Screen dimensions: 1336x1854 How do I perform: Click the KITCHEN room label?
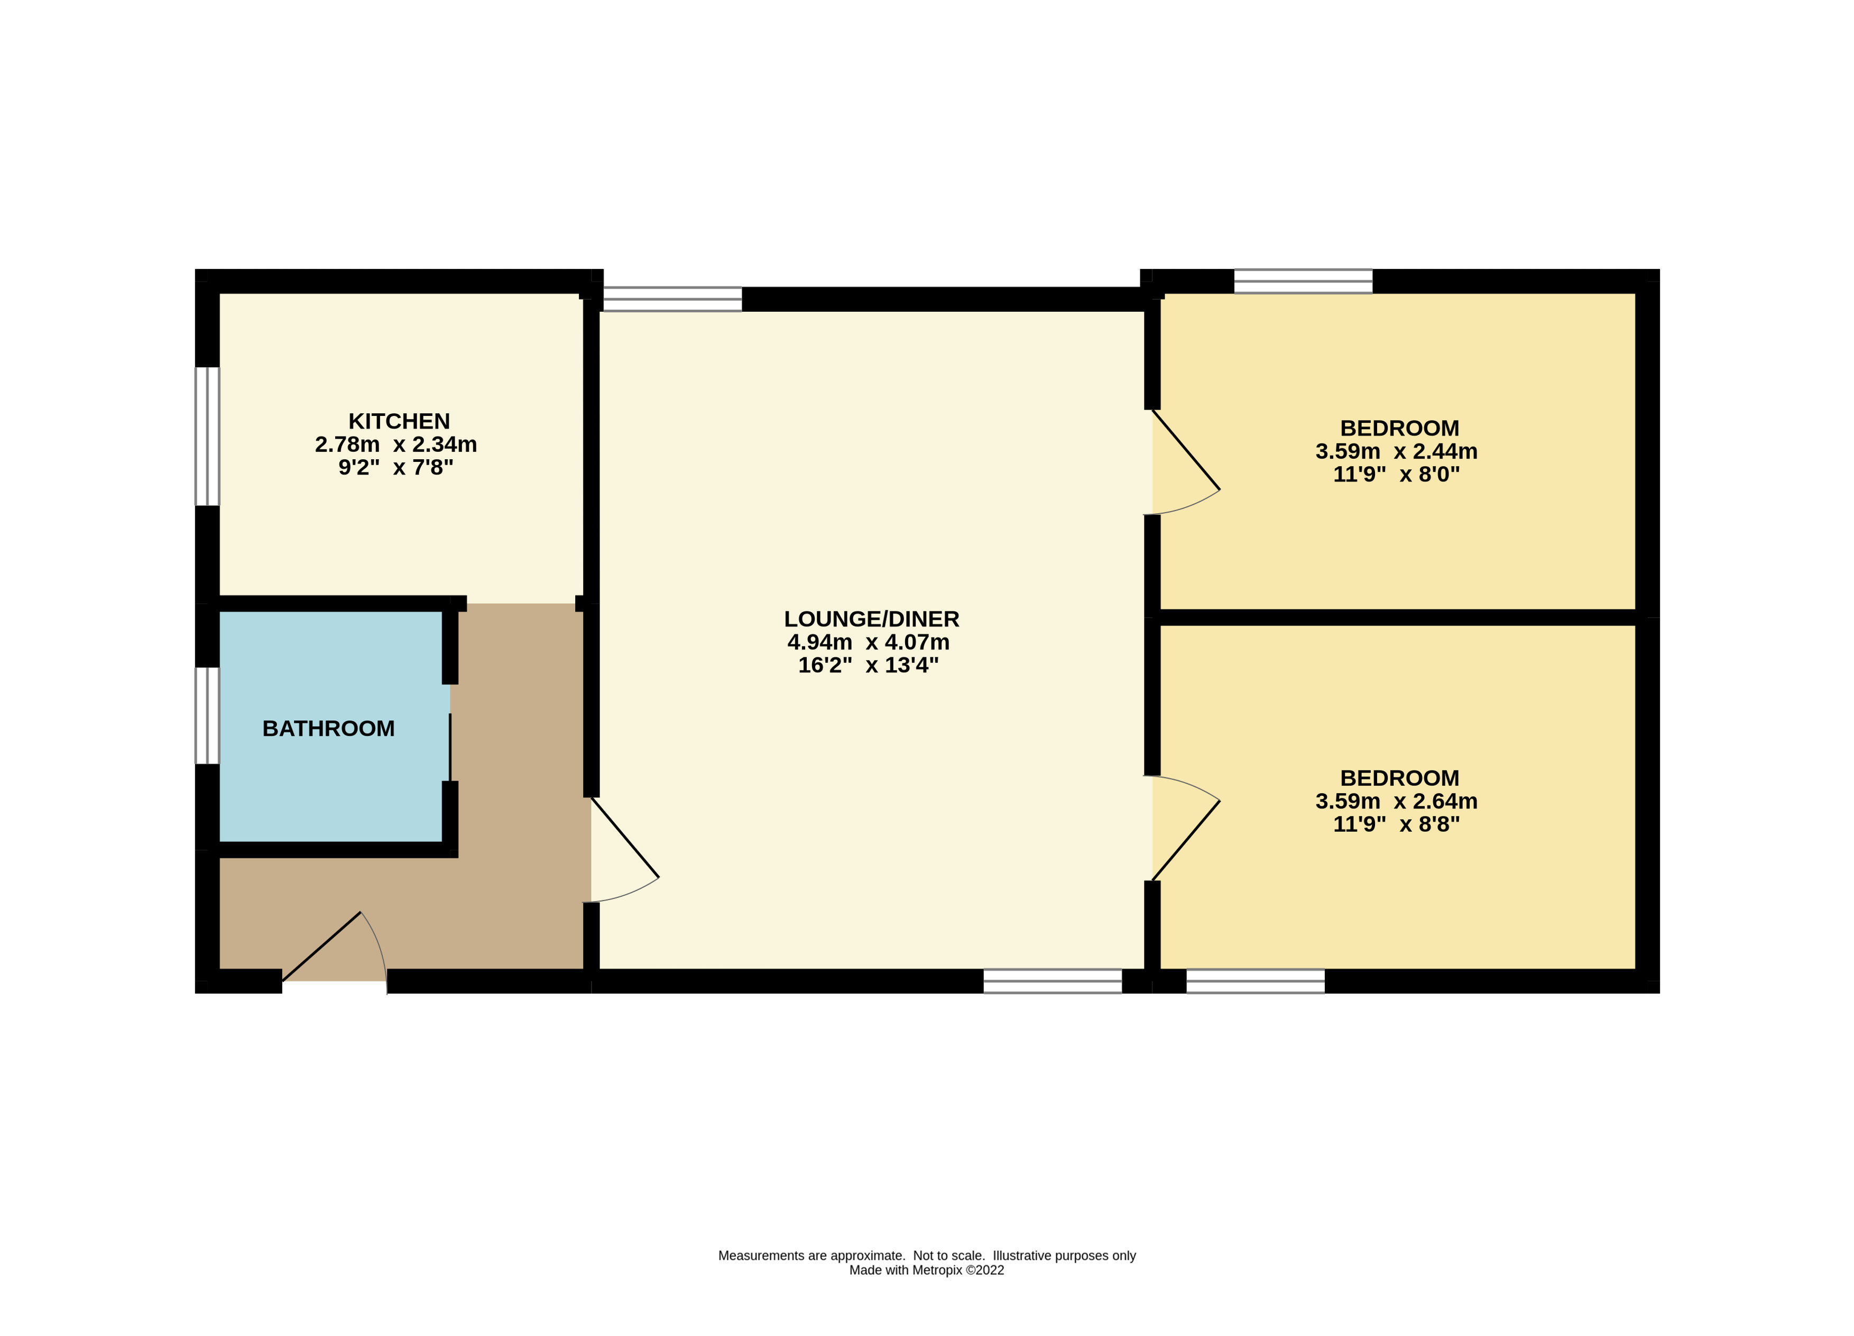click(399, 422)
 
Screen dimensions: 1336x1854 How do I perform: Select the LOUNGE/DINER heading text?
click(871, 619)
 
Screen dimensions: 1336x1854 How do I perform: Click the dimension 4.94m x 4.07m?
click(868, 642)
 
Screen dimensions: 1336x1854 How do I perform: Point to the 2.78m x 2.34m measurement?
click(395, 444)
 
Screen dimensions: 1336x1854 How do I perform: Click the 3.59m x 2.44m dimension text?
click(1396, 451)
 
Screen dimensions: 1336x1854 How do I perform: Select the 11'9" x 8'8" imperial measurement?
click(1396, 824)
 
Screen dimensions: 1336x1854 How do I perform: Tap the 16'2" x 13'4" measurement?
click(868, 665)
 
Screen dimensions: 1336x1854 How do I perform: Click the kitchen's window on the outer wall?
click(207, 437)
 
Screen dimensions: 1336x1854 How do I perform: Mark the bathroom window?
click(207, 716)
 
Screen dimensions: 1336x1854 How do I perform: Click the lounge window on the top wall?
click(672, 299)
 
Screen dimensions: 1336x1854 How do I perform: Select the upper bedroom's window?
click(1303, 281)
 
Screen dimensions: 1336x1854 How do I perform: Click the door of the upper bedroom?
click(1185, 462)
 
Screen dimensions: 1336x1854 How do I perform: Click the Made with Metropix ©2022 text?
click(926, 1270)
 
